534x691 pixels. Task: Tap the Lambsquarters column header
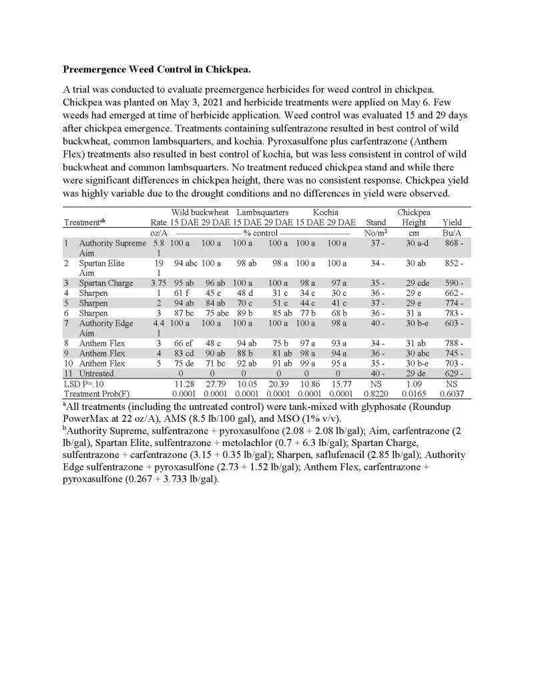click(263, 212)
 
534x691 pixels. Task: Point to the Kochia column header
click(326, 212)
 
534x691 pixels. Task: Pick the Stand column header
click(376, 222)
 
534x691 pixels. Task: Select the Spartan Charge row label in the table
click(106, 283)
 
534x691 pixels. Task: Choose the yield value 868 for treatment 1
click(449, 244)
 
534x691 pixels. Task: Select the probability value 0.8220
click(376, 394)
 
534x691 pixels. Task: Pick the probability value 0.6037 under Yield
click(452, 394)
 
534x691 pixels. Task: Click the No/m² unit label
click(376, 233)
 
